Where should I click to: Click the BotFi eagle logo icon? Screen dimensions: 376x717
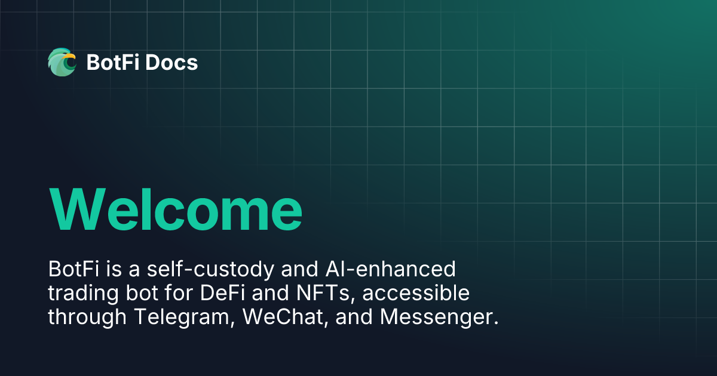pyautogui.click(x=62, y=62)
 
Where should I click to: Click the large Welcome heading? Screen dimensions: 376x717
pyautogui.click(x=176, y=209)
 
